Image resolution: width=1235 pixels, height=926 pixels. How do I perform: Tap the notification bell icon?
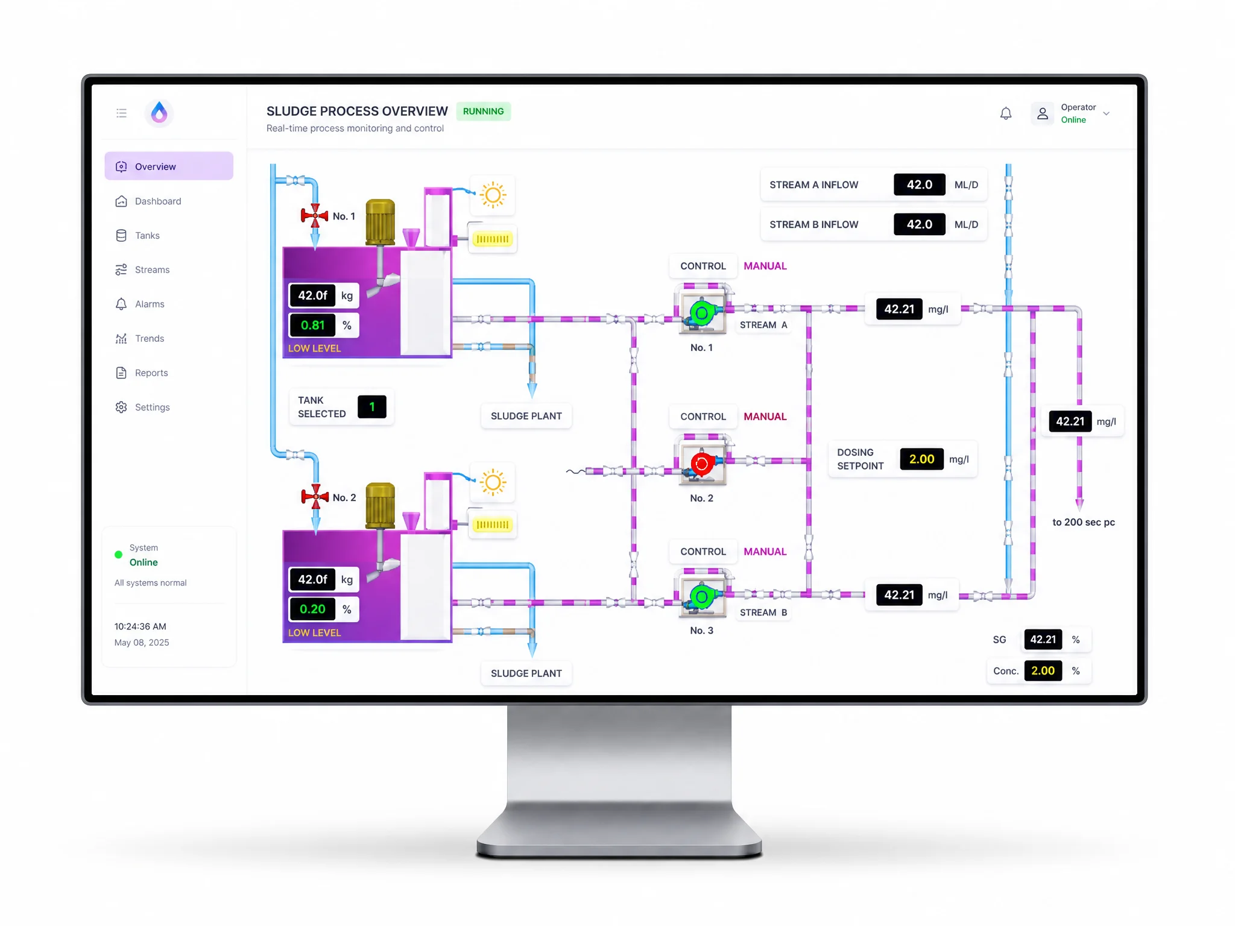click(1006, 113)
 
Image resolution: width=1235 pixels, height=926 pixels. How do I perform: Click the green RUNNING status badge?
click(483, 112)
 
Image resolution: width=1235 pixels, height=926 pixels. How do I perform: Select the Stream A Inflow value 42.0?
click(919, 184)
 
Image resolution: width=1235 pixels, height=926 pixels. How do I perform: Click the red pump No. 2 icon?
click(701, 464)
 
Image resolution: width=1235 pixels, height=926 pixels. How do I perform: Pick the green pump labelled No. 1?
click(702, 313)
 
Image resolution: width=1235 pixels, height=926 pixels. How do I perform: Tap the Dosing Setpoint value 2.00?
click(921, 459)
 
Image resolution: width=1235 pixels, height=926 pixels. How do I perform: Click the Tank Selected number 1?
click(372, 406)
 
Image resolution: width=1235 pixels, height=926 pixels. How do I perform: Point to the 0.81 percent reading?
click(313, 325)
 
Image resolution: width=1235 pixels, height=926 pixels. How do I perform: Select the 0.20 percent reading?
click(313, 609)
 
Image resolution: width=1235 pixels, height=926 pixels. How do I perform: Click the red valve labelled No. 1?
click(315, 215)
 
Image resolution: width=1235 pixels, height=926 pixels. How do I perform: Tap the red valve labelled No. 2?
click(315, 497)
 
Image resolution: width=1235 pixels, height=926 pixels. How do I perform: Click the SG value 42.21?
click(1043, 639)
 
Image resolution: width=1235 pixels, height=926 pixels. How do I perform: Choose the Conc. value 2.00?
click(1043, 670)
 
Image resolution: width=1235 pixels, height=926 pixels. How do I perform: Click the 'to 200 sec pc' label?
click(1084, 522)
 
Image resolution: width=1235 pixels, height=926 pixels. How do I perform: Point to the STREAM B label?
click(763, 613)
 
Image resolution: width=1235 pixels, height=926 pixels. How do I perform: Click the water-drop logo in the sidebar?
click(159, 113)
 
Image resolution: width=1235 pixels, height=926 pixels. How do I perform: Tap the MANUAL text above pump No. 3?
click(765, 552)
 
